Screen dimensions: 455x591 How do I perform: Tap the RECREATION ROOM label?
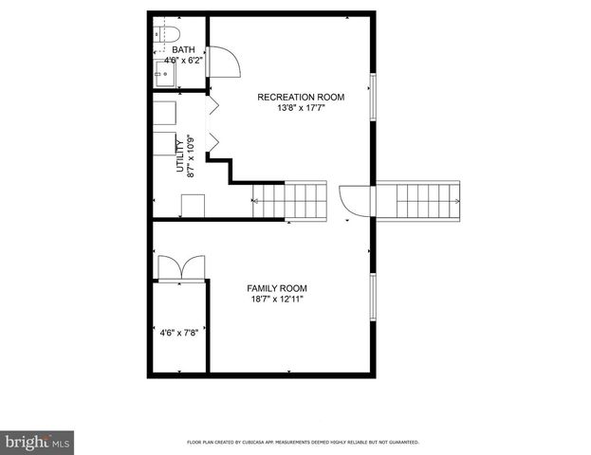(301, 97)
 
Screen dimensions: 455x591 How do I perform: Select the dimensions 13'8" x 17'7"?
(301, 108)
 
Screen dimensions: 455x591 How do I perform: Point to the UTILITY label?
(180, 155)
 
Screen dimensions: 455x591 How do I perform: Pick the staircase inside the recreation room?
(289, 200)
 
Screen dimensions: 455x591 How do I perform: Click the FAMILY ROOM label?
(277, 288)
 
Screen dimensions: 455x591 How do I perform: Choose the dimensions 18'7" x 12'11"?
(277, 300)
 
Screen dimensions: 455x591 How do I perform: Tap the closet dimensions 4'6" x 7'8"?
(178, 333)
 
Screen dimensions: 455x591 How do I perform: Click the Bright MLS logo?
(38, 442)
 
